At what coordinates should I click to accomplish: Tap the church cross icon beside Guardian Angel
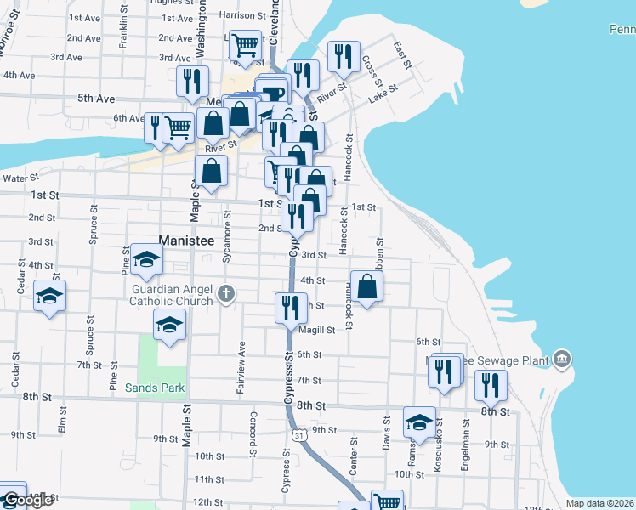225,294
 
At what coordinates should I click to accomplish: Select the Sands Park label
154,387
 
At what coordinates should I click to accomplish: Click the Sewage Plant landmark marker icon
561,360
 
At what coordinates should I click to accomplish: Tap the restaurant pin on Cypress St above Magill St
291,308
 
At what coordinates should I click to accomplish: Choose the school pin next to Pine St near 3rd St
146,259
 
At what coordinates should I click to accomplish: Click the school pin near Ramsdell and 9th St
419,422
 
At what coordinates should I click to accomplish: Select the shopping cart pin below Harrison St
245,45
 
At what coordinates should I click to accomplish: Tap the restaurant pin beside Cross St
344,57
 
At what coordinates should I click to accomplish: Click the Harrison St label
236,15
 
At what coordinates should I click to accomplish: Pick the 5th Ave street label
95,99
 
